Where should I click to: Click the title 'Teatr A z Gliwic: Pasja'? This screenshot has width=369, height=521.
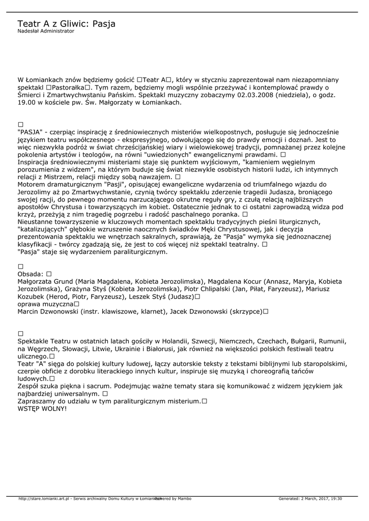click(66, 24)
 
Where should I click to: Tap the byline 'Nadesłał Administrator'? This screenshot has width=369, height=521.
click(46, 31)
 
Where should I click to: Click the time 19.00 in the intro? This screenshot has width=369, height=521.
click(26, 102)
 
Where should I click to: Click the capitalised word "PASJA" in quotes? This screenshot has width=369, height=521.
click(30, 132)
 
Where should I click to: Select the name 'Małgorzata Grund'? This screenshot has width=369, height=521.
click(46, 281)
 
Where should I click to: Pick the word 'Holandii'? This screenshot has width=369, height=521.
click(176, 341)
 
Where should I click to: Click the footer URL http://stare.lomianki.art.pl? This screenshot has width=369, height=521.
click(43, 499)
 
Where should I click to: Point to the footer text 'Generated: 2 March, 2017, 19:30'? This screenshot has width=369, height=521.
click(310, 499)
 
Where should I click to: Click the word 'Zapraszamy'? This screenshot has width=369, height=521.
click(38, 401)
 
